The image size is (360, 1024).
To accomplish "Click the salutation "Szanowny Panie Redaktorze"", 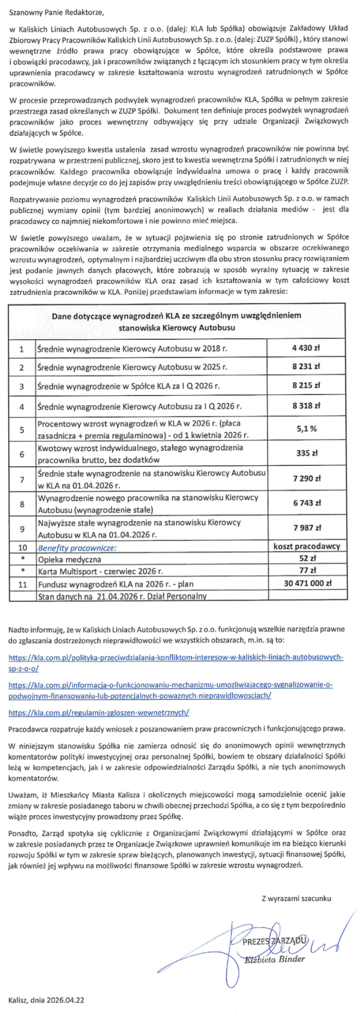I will click(57, 11).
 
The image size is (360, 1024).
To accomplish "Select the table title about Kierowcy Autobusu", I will click(176, 321).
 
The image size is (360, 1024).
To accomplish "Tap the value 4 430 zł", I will click(306, 348).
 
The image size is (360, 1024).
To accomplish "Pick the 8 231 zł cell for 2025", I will click(306, 367).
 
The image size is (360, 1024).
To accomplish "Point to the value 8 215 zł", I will click(306, 386).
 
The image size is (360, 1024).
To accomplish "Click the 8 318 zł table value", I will click(306, 406).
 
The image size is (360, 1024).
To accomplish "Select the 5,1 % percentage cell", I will click(306, 429).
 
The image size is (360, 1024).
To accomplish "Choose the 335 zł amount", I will click(307, 453).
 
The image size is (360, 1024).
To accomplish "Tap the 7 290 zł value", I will click(306, 478).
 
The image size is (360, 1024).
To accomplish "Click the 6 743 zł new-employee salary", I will click(306, 503).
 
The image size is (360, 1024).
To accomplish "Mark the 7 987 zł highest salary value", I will click(306, 528).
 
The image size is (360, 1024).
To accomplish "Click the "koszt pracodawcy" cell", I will click(307, 546).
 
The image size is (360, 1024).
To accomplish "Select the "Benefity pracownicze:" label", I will click(77, 548).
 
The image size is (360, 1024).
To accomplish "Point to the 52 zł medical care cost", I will click(307, 559).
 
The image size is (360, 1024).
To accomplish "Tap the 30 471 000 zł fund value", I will click(307, 583).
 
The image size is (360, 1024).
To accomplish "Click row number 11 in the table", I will click(22, 585).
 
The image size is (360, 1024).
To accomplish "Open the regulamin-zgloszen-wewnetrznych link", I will click(98, 712).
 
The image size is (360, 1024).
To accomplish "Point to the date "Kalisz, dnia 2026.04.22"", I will click(46, 1000).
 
